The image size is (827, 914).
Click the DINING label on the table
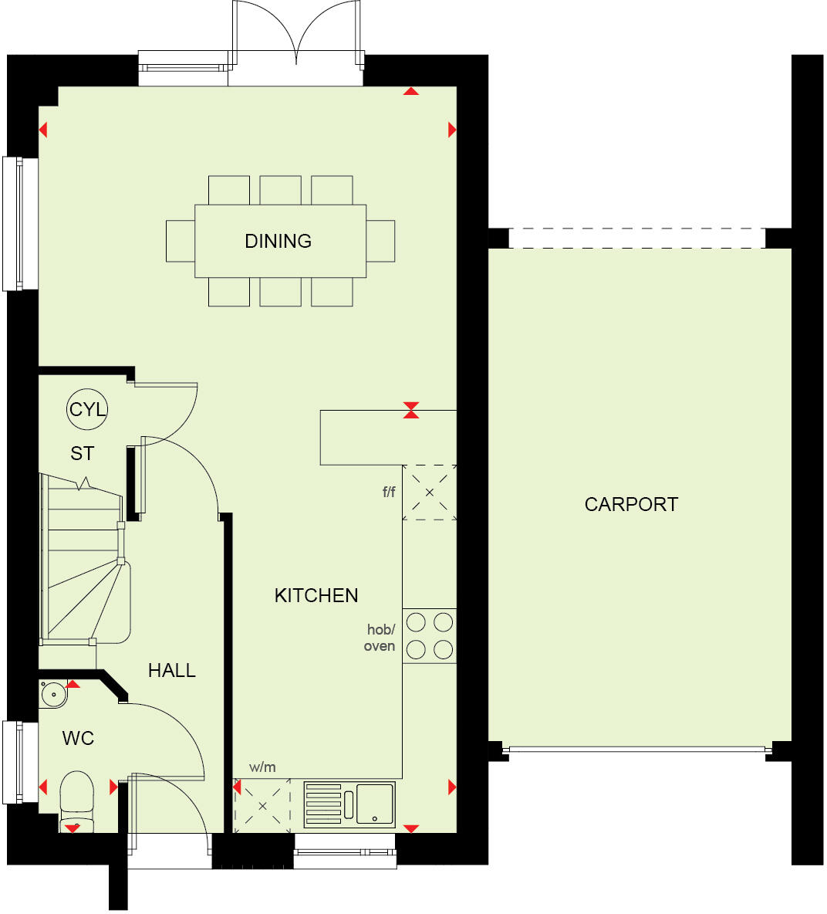click(x=278, y=241)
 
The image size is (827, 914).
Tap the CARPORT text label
click(x=631, y=504)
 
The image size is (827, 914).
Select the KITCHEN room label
click(x=316, y=595)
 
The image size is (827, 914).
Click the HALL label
click(x=171, y=670)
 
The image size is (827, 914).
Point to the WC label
click(x=78, y=738)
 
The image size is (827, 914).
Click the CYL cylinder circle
click(x=87, y=409)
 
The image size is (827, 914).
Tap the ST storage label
click(x=83, y=453)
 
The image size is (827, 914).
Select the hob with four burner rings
click(x=430, y=635)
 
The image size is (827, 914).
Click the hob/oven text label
click(x=380, y=638)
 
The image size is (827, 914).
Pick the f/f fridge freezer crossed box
click(x=430, y=493)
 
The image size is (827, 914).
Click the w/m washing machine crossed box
click(x=262, y=805)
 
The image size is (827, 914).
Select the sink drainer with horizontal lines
click(x=323, y=804)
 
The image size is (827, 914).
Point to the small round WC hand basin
click(x=53, y=693)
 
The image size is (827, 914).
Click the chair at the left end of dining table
click(x=181, y=241)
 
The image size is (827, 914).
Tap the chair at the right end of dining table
click(x=380, y=241)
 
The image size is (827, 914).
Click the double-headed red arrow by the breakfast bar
click(x=411, y=410)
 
